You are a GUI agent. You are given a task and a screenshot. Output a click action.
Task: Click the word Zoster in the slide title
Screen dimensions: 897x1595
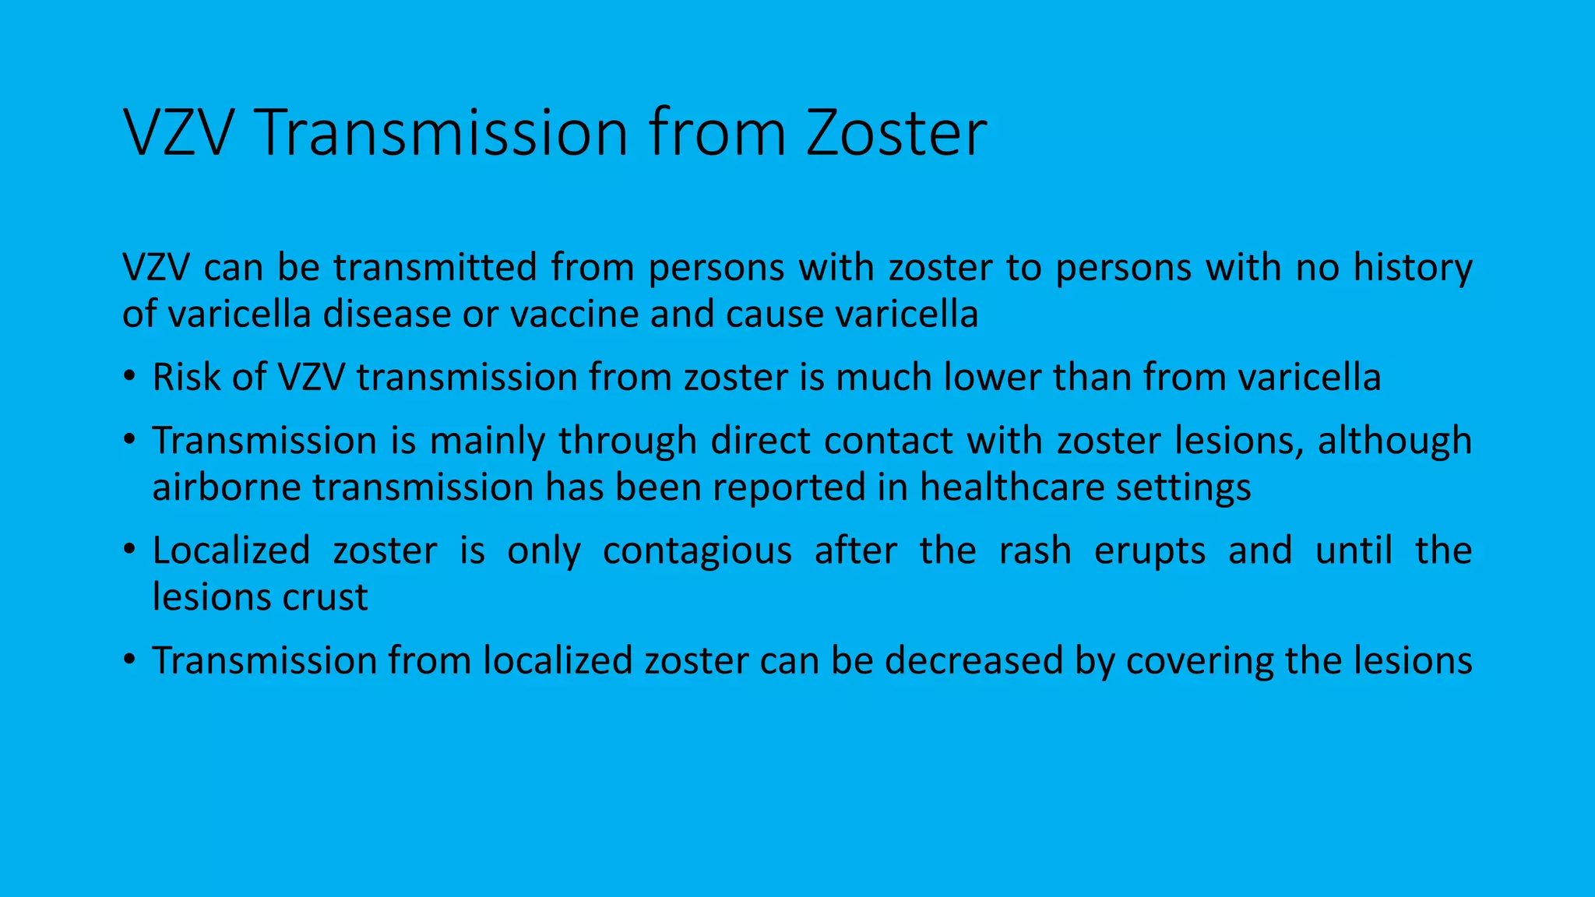pos(896,133)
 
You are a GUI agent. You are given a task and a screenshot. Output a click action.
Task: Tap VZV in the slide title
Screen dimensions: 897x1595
pos(178,133)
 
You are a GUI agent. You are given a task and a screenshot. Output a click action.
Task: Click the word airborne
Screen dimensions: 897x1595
pos(226,487)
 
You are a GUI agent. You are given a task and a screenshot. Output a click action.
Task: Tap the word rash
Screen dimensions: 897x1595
pos(1035,551)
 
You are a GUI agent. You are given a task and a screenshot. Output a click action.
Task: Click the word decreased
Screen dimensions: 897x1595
pos(974,660)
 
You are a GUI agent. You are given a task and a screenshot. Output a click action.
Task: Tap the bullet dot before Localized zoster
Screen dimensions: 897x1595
pos(129,551)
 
